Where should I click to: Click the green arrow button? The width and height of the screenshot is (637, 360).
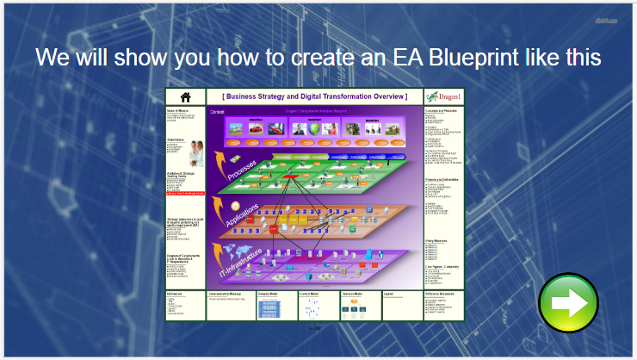coord(568,302)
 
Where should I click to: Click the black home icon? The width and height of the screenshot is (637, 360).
coord(185,96)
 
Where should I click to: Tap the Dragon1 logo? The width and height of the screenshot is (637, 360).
coord(443,96)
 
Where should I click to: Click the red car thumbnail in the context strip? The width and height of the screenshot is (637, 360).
coord(256,127)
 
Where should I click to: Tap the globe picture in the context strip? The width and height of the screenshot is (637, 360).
coord(316,128)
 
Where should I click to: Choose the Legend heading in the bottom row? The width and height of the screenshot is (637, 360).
coord(389,295)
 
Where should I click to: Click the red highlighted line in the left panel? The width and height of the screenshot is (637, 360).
coord(184,195)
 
